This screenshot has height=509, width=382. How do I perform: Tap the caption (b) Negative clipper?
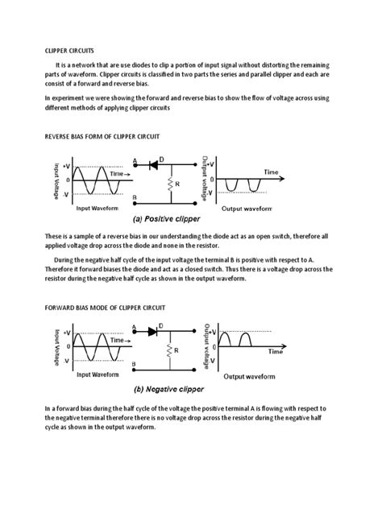point(169,387)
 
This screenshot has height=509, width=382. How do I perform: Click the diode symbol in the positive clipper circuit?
point(152,165)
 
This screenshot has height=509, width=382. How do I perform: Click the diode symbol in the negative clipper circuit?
point(152,331)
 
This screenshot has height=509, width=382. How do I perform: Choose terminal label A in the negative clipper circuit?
point(133,325)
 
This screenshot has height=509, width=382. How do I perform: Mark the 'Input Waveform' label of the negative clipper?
point(98,375)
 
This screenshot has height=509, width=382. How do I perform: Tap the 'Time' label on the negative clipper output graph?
point(276,352)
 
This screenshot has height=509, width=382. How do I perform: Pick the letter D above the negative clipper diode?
point(161,324)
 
